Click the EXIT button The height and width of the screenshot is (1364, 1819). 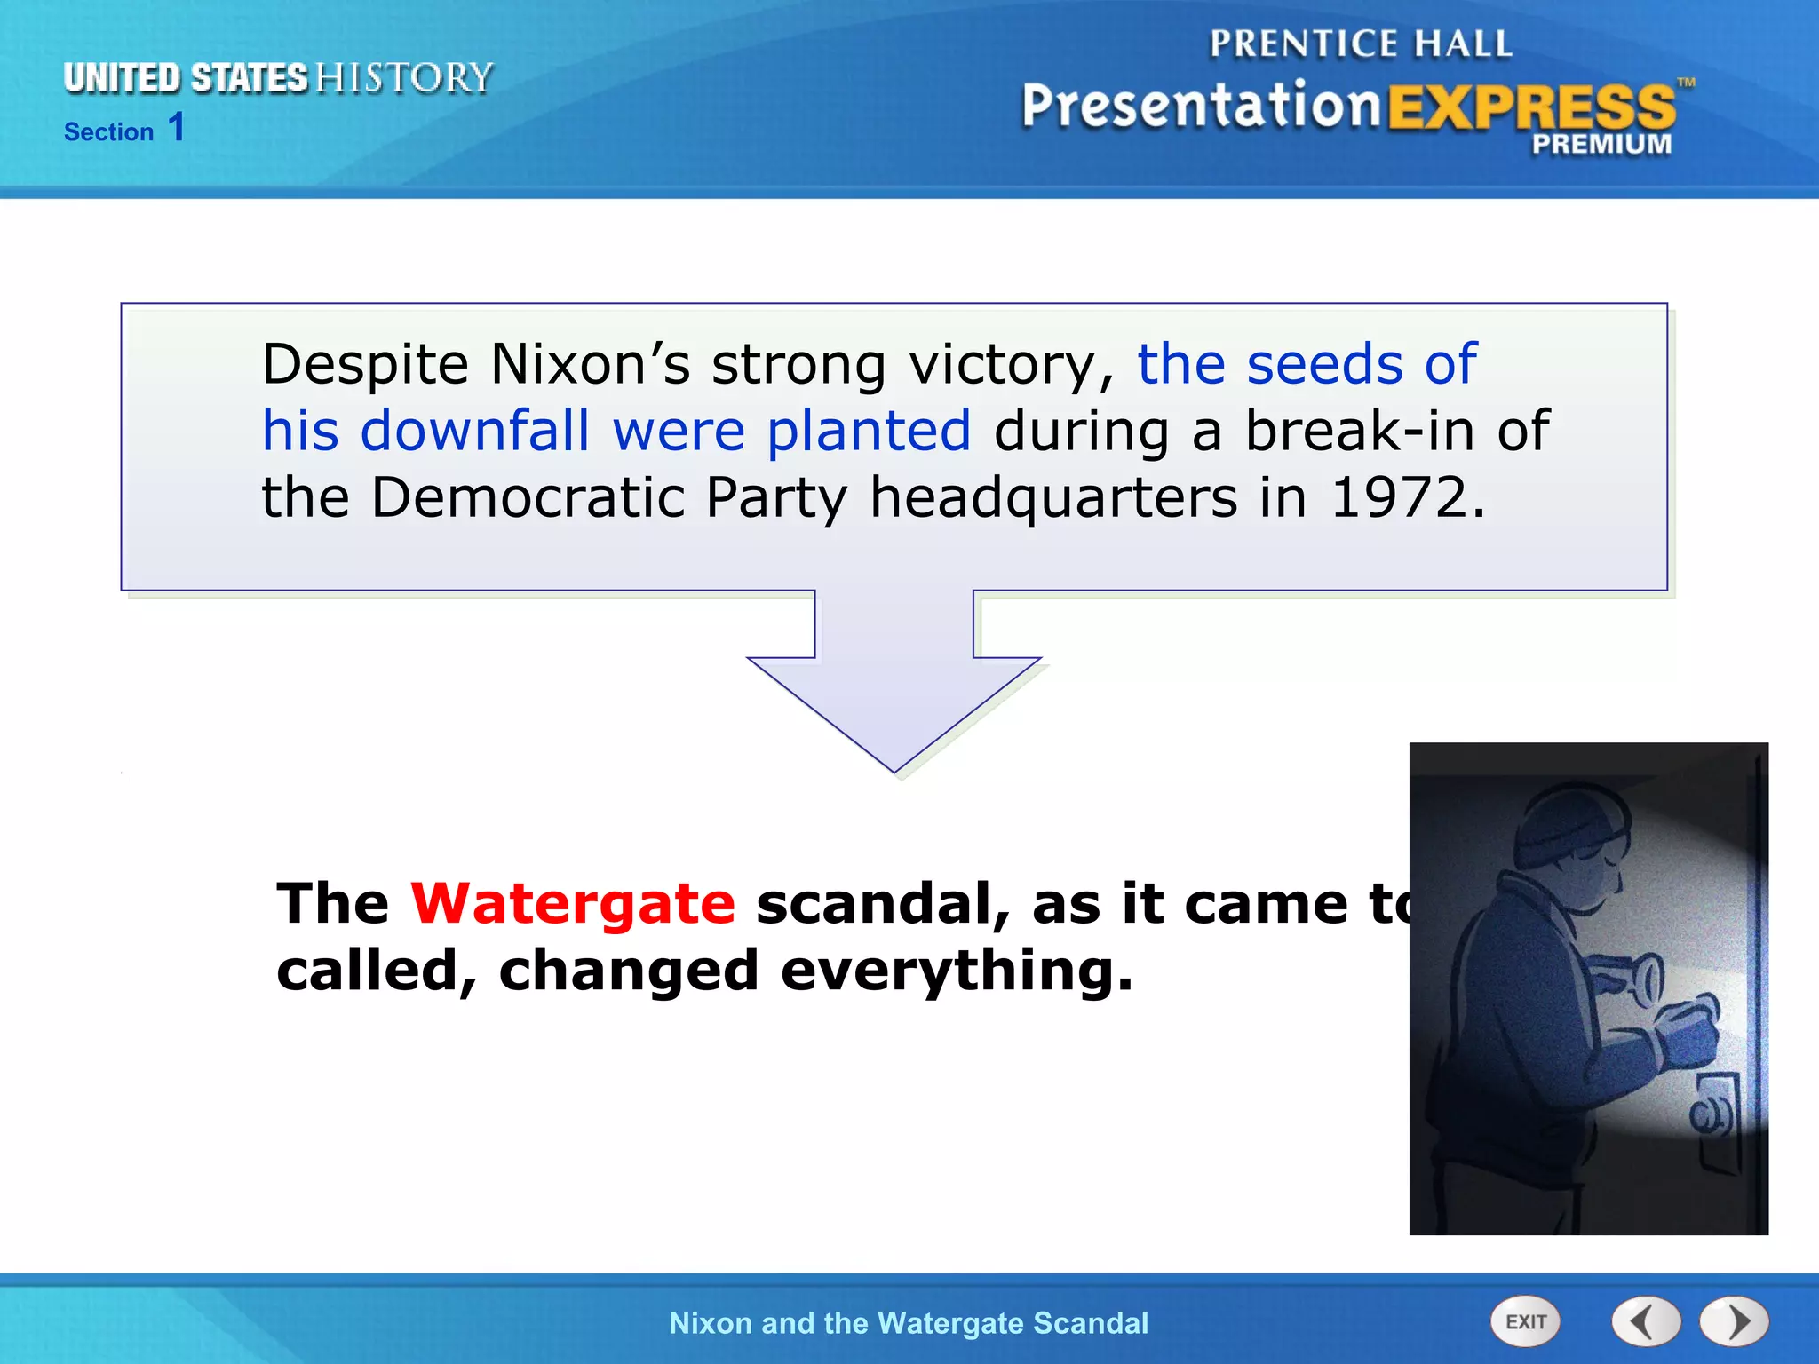click(1525, 1322)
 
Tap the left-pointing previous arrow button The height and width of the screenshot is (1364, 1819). click(1646, 1322)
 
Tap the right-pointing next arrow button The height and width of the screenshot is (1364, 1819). click(1735, 1322)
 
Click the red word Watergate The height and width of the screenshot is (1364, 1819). click(573, 904)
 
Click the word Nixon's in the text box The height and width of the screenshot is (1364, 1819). click(590, 364)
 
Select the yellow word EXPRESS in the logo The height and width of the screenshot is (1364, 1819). click(1530, 107)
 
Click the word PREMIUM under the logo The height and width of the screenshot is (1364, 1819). click(1601, 144)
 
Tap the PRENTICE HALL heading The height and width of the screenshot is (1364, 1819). click(1360, 44)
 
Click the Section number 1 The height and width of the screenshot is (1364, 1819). click(177, 127)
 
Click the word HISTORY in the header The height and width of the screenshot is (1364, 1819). click(404, 78)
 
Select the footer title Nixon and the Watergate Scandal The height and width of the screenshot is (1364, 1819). click(909, 1323)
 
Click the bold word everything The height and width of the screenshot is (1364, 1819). click(957, 971)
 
